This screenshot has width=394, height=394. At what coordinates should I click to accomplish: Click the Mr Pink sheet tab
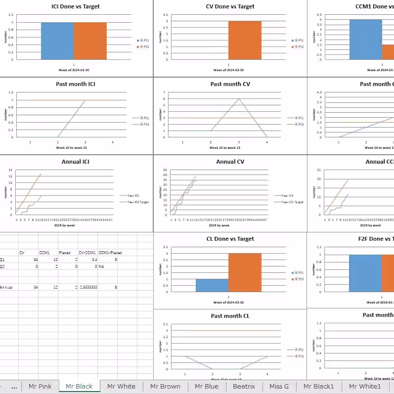[40, 387]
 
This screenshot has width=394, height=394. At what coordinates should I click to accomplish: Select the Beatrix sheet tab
[244, 387]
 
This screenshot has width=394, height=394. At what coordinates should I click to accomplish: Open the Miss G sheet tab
[279, 387]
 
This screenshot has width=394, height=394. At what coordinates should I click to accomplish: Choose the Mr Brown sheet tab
[165, 387]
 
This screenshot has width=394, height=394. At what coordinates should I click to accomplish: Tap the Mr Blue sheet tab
[206, 387]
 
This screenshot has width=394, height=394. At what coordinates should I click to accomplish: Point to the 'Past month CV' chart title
[230, 84]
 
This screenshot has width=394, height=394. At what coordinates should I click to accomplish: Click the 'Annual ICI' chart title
[75, 162]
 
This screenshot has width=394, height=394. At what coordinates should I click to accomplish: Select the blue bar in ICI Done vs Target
[57, 41]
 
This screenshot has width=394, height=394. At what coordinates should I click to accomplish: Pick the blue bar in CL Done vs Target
[212, 285]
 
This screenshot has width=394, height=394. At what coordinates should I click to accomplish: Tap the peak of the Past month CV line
[239, 98]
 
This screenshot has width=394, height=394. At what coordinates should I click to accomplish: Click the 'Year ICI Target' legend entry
[138, 201]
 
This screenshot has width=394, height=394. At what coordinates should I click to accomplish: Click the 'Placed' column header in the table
[65, 253]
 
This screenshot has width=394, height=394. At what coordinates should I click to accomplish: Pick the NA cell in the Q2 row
[101, 266]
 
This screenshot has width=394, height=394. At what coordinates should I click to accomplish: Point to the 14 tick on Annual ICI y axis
[11, 170]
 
